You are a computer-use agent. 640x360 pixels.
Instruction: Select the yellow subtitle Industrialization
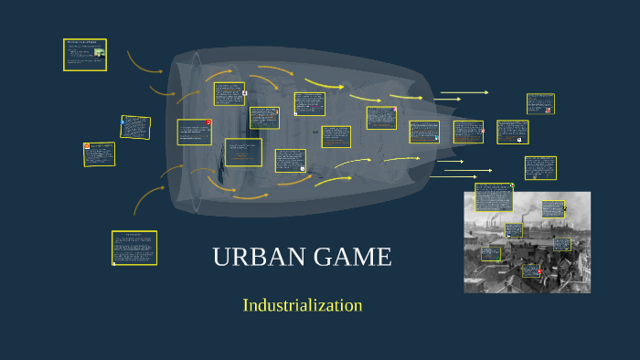tap(303, 305)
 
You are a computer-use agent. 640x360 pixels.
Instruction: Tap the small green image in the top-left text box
tap(99, 52)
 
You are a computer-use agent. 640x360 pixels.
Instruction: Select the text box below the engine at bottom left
tap(134, 247)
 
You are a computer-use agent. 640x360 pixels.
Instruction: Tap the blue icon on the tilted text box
tap(123, 121)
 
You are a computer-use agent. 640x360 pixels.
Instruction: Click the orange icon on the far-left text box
tap(87, 146)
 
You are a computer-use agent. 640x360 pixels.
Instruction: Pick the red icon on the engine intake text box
tap(208, 122)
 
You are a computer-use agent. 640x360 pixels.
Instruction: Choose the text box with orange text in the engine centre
tap(243, 153)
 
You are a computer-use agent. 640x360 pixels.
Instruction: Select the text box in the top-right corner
tap(540, 103)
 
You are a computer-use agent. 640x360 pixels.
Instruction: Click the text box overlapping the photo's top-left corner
tap(493, 199)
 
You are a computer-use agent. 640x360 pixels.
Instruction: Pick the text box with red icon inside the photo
tap(529, 270)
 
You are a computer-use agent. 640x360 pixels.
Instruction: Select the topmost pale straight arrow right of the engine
tap(464, 92)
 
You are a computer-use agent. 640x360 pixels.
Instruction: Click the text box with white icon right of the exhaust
tap(512, 132)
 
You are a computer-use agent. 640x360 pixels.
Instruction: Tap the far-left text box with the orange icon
tap(101, 154)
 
